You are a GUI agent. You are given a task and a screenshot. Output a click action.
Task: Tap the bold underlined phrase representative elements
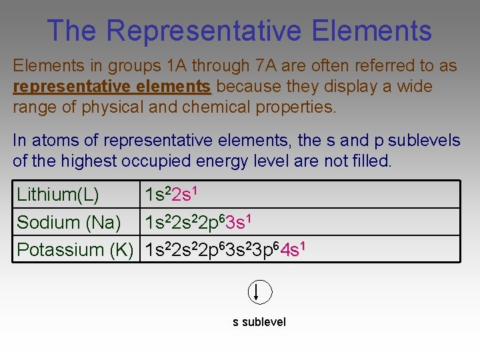coord(111,87)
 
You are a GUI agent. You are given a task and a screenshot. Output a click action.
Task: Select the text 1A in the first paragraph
coord(176,66)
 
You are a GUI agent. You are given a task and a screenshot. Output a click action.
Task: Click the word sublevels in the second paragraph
coord(424,141)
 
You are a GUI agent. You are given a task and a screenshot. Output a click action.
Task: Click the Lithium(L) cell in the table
coord(58,195)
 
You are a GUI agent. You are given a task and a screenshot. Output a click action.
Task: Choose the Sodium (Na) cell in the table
coord(69,222)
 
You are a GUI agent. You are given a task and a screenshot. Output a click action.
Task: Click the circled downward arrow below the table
coord(260,292)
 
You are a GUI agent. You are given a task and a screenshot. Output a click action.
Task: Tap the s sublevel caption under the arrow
coord(259,322)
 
